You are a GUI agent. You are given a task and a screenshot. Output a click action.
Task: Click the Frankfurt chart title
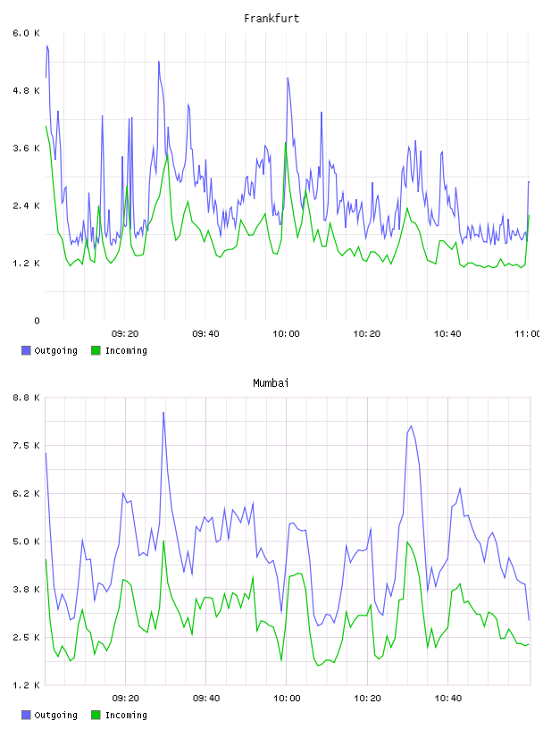click(271, 18)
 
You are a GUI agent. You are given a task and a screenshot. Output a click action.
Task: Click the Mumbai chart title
click(271, 382)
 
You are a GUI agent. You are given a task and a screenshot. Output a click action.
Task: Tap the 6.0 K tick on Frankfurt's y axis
click(27, 33)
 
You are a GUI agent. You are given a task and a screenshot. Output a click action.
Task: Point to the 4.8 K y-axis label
click(27, 90)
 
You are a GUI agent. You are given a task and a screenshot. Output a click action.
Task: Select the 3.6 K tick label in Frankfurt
click(27, 148)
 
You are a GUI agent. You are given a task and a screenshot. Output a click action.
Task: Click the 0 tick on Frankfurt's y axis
click(37, 321)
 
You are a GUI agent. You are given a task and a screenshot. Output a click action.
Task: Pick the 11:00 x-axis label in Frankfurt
click(529, 333)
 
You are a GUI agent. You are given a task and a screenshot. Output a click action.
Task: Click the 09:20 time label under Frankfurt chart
click(125, 333)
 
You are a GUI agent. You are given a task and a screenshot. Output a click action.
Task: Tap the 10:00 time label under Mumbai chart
click(287, 698)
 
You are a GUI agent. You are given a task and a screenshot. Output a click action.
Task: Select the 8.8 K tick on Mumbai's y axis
click(27, 398)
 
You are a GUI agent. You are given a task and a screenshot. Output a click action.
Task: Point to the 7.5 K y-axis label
click(27, 446)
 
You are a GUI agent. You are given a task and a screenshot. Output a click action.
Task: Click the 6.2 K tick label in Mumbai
click(27, 493)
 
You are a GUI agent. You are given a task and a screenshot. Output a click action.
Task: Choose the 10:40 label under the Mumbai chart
click(448, 698)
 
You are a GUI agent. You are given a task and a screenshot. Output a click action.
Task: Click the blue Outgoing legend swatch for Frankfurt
click(26, 350)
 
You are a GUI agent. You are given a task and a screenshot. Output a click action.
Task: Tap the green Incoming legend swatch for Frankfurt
click(96, 350)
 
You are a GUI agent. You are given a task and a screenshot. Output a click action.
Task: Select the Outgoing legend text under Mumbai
click(55, 715)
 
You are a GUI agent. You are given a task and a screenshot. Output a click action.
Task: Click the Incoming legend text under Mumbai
click(126, 715)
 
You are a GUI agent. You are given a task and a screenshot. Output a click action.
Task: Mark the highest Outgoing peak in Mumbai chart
click(163, 413)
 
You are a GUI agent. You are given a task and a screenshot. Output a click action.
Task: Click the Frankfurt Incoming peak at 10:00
click(286, 143)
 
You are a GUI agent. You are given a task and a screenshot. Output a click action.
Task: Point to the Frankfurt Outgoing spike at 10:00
click(288, 78)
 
